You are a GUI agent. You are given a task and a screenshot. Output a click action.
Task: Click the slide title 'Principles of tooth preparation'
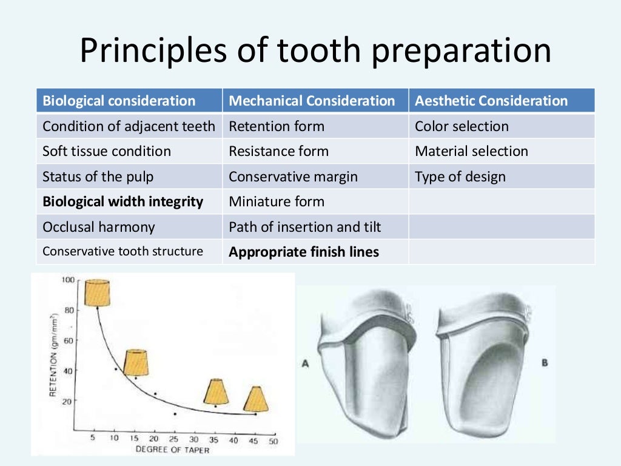pos(315,51)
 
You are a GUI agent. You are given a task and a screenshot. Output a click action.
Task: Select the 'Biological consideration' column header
pos(119,101)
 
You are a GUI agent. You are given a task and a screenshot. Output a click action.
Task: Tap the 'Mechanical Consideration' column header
pos(312,101)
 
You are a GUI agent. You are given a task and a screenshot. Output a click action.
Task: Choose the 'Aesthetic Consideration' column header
pos(491,101)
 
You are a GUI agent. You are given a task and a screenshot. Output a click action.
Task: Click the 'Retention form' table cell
pos(276,126)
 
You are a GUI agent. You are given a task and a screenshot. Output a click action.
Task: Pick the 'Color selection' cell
pos(462,126)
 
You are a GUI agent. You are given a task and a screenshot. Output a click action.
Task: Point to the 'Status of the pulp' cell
pos(98,177)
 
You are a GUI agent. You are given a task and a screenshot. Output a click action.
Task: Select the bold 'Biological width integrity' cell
pos(123,201)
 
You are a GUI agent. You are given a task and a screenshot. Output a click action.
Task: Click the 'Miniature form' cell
pos(276,201)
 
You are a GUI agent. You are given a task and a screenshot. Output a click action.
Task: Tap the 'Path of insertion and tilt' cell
pos(304,227)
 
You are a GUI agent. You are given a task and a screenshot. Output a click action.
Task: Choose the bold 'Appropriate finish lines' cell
pos(303,252)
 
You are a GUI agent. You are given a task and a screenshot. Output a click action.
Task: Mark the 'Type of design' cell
pos(460,177)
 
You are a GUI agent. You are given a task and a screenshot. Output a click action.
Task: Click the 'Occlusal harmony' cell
pos(98,227)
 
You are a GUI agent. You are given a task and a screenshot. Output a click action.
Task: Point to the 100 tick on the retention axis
pos(67,280)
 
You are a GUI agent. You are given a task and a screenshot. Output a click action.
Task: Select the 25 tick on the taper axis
pos(175,440)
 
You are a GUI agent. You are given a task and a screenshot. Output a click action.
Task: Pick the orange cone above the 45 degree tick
pos(256,399)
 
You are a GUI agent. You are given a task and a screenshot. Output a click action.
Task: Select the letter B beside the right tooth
pos(544,362)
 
